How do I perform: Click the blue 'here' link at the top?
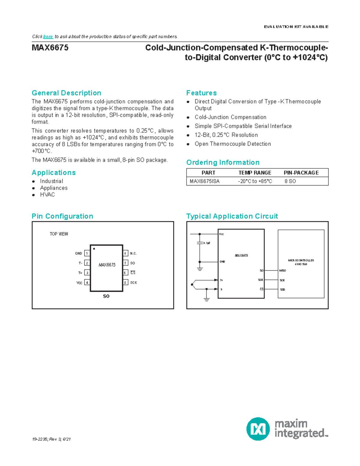(48, 37)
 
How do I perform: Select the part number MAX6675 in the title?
(50, 48)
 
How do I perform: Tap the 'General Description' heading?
(66, 93)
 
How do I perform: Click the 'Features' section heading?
(201, 93)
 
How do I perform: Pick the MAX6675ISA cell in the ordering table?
(205, 181)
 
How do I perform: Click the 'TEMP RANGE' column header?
(255, 173)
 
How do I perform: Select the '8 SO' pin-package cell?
(290, 181)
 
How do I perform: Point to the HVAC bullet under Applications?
(47, 195)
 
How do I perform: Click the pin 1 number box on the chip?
(87, 253)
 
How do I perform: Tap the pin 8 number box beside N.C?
(125, 253)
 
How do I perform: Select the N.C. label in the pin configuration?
(133, 254)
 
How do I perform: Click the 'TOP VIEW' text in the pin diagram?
(59, 234)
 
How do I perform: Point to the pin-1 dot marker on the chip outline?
(94, 249)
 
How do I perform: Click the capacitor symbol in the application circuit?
(200, 243)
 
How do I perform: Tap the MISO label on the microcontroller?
(283, 271)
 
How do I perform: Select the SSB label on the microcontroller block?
(283, 290)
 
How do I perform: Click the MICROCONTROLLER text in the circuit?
(301, 260)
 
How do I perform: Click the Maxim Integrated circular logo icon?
(258, 429)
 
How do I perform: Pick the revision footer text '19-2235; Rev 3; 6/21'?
(51, 439)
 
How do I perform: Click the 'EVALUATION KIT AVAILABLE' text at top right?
(296, 27)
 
